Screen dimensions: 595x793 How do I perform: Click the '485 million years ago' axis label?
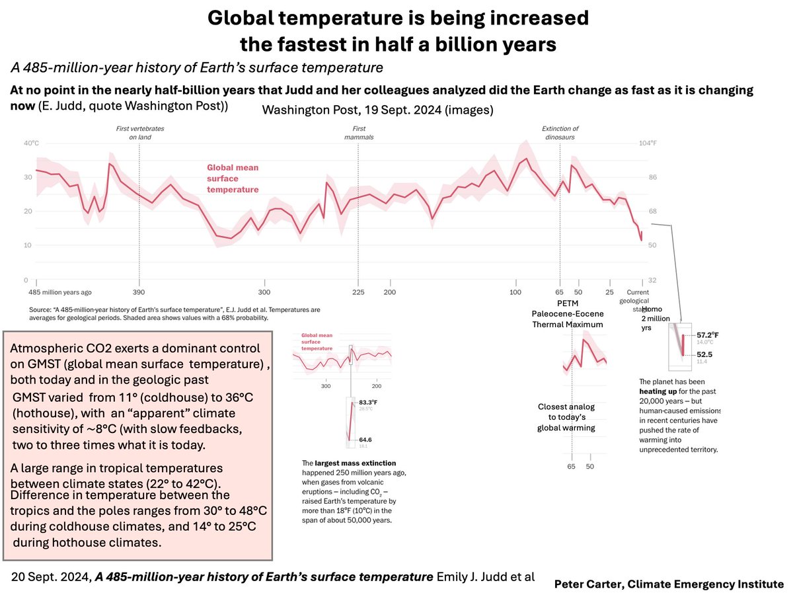[x=59, y=292]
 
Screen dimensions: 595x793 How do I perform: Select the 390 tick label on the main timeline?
[x=139, y=292]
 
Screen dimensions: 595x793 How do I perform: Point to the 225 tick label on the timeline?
[x=358, y=292]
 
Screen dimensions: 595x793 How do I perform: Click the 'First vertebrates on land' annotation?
[x=139, y=133]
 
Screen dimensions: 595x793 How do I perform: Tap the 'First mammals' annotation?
[x=359, y=133]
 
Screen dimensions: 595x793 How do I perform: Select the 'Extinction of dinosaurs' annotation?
[x=560, y=133]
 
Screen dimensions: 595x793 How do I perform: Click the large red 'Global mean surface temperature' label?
[x=233, y=178]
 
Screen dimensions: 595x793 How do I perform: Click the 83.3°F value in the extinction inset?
[x=369, y=402]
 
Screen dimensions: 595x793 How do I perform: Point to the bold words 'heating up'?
[x=660, y=391]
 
